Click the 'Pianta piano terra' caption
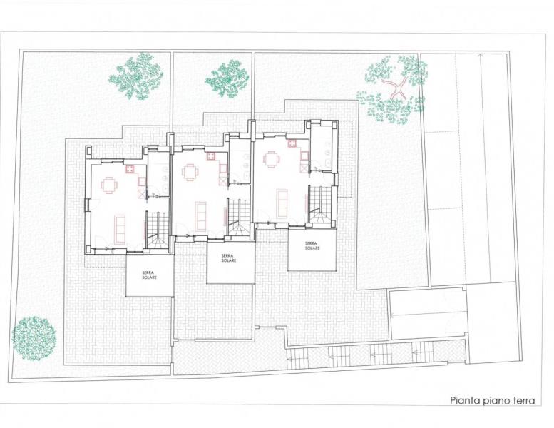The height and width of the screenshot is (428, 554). click(493, 400)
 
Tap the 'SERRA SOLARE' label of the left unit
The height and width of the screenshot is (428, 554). click(150, 275)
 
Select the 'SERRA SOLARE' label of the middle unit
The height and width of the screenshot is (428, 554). click(229, 258)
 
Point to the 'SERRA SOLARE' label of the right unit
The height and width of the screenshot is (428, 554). click(312, 245)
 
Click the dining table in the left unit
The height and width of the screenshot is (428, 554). click(108, 185)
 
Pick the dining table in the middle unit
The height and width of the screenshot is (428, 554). click(190, 172)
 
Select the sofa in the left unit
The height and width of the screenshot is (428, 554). click(120, 229)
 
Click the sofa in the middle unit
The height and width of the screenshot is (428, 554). click(200, 216)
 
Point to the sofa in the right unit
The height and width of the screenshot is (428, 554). click(282, 204)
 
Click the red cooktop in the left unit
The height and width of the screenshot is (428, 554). click(130, 169)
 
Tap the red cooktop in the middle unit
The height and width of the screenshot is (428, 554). click(211, 156)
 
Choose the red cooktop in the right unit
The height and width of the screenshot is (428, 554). click(292, 143)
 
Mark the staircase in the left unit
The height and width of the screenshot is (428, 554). click(158, 230)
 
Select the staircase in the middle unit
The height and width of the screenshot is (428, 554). click(239, 218)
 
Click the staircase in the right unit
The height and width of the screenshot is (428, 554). click(320, 205)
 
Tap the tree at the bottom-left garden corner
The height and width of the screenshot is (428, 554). click(34, 338)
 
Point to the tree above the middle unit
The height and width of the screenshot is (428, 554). click(228, 78)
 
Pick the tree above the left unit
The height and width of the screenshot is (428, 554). click(136, 76)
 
